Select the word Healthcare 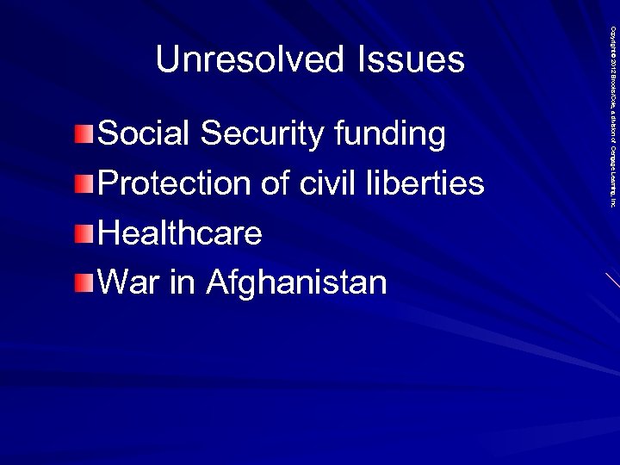[x=180, y=232]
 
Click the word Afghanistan [x=296, y=283]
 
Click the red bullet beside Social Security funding [x=81, y=133]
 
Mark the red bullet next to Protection [x=81, y=183]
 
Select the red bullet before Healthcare [x=81, y=233]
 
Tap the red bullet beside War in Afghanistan [x=81, y=282]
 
